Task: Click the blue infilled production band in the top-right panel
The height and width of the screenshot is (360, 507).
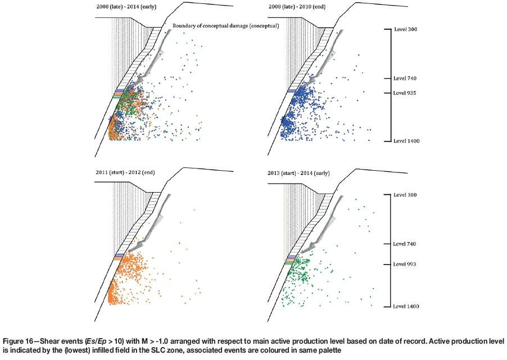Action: (x=293, y=91)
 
